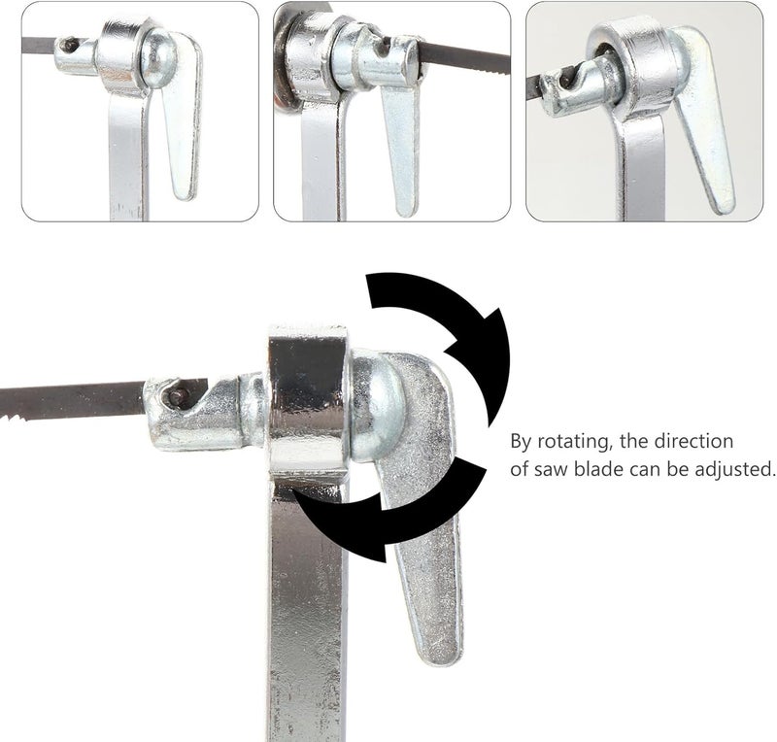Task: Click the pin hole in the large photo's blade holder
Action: (176, 396)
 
